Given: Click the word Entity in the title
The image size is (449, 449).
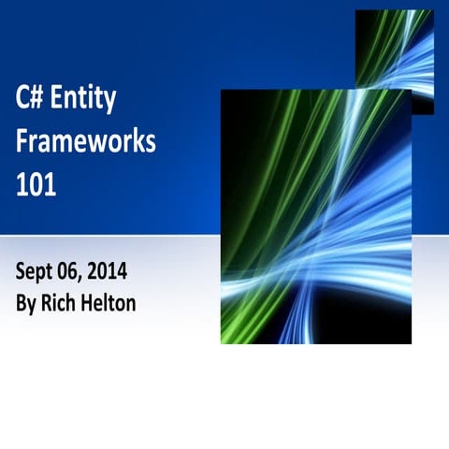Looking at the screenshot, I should coord(89,97).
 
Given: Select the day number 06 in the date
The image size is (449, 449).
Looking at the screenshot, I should coord(66,272).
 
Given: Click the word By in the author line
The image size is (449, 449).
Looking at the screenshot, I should coord(26,304).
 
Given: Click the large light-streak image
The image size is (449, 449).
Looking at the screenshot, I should coord(315,216).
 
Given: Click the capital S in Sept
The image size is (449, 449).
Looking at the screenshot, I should coord(21,272).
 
